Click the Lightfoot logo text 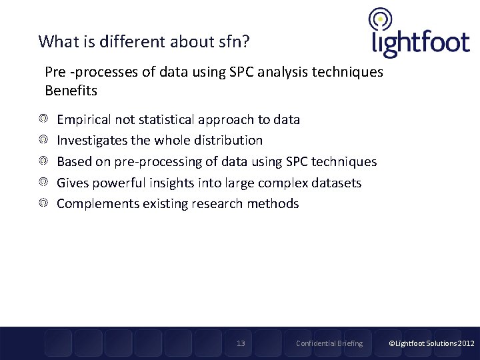[x=420, y=43]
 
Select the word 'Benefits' [x=71, y=90]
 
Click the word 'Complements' [x=98, y=203]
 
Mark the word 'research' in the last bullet [x=219, y=203]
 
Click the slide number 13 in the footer [x=241, y=343]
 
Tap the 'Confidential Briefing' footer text [x=329, y=343]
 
